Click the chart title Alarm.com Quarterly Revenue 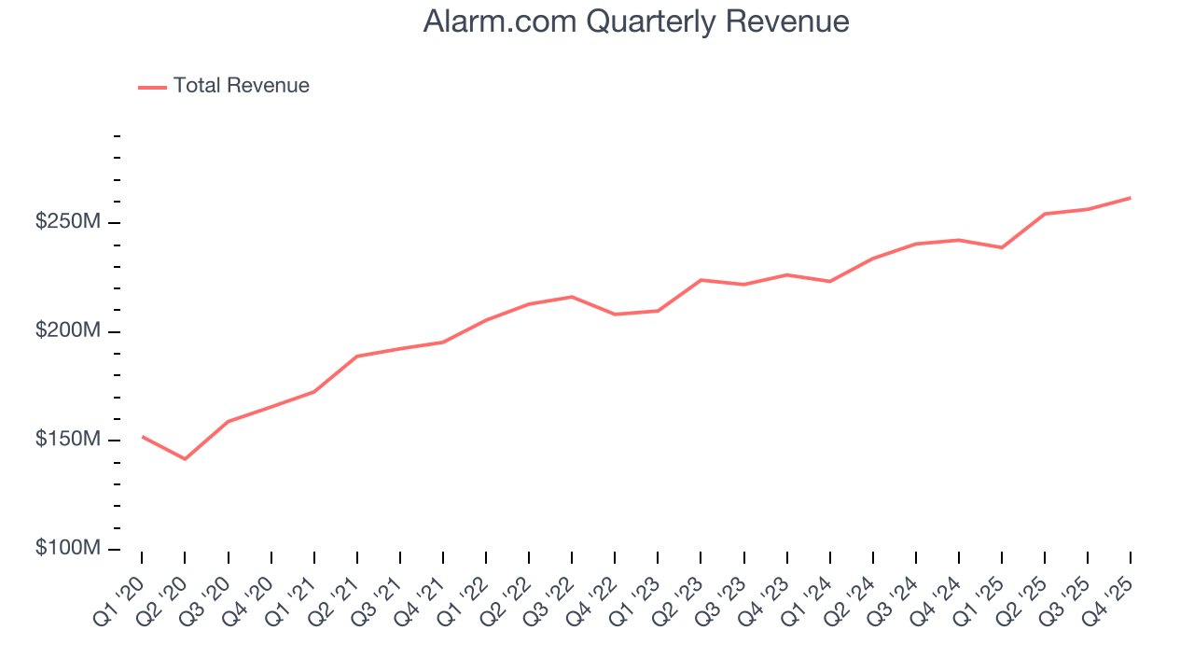tap(635, 21)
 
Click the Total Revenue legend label tap(241, 86)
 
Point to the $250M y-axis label tap(68, 222)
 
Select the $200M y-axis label tap(68, 331)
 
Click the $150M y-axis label tap(68, 440)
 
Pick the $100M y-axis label tap(68, 548)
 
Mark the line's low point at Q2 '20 tap(185, 459)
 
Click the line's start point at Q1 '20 tap(142, 436)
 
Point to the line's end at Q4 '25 tap(1131, 198)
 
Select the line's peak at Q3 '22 tap(572, 297)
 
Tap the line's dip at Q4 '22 tap(615, 315)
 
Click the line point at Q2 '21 tap(357, 356)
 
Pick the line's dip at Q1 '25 tap(1002, 247)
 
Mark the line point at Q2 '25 tap(1045, 214)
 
